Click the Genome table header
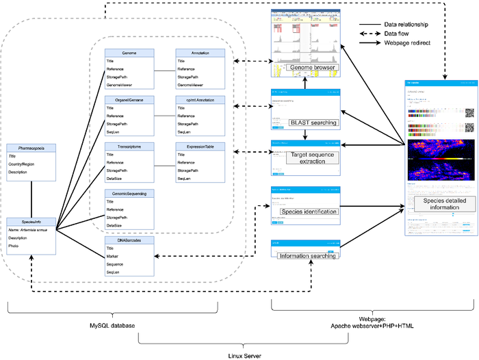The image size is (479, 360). pyautogui.click(x=129, y=52)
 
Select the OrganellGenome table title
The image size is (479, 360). pyautogui.click(x=129, y=99)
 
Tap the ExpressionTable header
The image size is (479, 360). pyautogui.click(x=199, y=146)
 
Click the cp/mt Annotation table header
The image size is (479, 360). pyautogui.click(x=199, y=99)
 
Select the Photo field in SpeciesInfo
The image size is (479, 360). pyautogui.click(x=14, y=246)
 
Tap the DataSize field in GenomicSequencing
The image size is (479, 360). pyautogui.click(x=114, y=225)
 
